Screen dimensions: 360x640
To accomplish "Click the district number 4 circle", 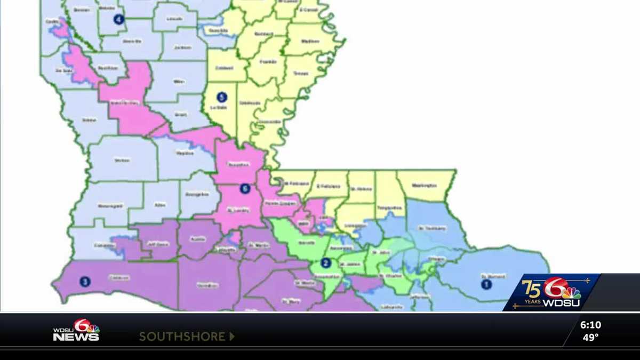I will pyautogui.click(x=118, y=20).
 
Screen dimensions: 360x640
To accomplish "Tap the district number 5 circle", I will pyautogui.click(x=222, y=97).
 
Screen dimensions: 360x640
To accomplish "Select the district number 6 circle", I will pyautogui.click(x=245, y=188).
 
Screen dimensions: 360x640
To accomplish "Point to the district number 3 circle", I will pyautogui.click(x=85, y=281).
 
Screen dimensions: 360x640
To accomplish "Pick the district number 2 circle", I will pyautogui.click(x=326, y=262).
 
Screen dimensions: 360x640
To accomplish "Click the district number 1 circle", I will pyautogui.click(x=486, y=284).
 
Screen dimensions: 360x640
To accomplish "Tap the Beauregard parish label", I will pyautogui.click(x=110, y=206).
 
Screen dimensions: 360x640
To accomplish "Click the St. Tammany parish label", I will pyautogui.click(x=428, y=229).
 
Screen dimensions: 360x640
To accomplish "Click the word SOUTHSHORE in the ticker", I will pyautogui.click(x=182, y=337).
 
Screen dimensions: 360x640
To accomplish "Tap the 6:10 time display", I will pyautogui.click(x=590, y=325).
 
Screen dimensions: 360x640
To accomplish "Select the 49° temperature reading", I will pyautogui.click(x=590, y=338).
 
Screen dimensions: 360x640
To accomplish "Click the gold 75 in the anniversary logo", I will pyautogui.click(x=531, y=288).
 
